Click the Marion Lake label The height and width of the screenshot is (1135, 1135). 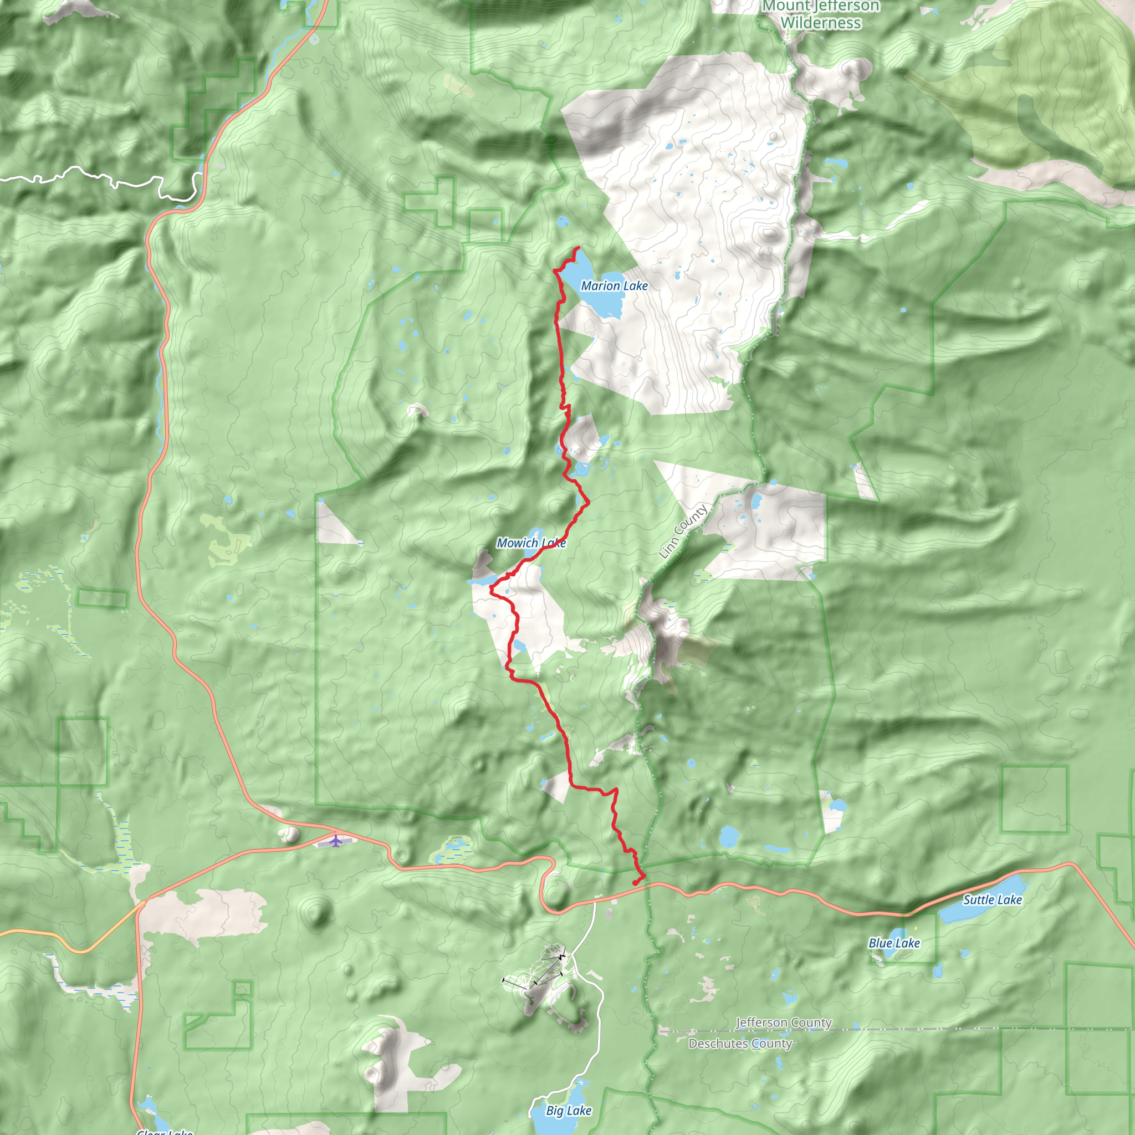614,286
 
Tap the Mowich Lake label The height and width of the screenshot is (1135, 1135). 530,543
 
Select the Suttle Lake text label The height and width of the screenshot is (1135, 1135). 992,899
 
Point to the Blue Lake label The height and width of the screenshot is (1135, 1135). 894,943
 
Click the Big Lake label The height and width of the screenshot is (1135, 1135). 568,1110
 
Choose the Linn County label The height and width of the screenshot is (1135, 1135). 683,531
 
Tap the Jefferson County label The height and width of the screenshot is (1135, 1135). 784,1023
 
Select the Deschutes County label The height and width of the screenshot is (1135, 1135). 740,1044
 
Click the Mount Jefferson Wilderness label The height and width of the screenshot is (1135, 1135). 821,15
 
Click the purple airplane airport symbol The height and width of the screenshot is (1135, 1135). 335,841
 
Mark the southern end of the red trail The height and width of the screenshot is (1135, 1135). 635,883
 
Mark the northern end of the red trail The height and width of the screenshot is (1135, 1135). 579,248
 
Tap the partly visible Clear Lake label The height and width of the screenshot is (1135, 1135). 165,1131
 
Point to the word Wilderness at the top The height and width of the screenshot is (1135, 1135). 821,23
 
